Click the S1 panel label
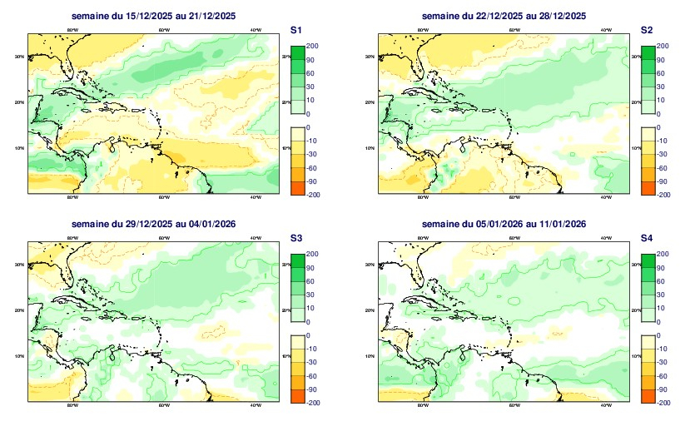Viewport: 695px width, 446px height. point(295,29)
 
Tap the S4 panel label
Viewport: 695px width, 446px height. point(647,238)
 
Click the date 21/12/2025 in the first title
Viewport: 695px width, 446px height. point(209,16)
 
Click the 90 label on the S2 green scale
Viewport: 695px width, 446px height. point(662,59)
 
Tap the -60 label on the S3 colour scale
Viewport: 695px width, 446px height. point(311,375)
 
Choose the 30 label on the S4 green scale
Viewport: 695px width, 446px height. point(662,294)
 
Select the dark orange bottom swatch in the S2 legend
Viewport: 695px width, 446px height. point(648,187)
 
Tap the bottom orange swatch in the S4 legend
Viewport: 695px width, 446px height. point(648,395)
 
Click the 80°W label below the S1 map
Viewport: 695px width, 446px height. point(72,198)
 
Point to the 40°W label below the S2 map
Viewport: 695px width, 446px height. point(605,198)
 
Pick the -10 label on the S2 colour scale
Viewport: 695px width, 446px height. point(662,141)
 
